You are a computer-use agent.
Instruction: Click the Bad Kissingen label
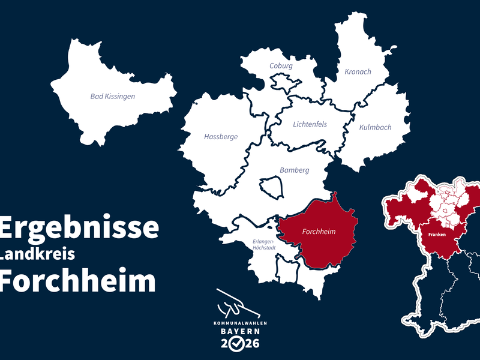[113, 96]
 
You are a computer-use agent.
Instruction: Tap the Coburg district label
[281, 66]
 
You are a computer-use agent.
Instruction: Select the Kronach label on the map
[358, 72]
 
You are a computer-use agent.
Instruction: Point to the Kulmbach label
[375, 127]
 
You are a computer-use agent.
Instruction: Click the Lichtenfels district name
[310, 125]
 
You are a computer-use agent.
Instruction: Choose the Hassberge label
[221, 137]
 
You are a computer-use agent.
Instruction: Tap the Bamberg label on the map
[295, 170]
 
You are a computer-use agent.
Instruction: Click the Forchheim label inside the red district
[319, 232]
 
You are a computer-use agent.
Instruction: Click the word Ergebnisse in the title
[79, 227]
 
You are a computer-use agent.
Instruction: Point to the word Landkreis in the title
[37, 254]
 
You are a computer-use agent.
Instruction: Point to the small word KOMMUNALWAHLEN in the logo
[240, 323]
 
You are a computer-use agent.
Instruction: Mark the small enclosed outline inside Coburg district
[282, 81]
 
